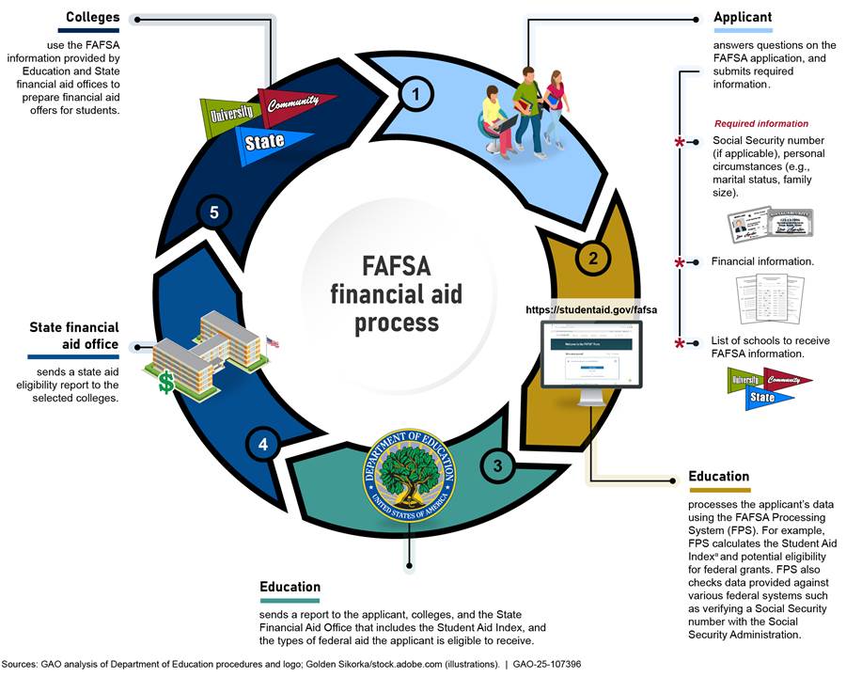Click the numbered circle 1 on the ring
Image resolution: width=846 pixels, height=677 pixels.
tap(415, 92)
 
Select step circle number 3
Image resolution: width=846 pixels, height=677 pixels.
tap(497, 463)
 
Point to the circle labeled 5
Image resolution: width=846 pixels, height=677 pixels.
tap(214, 213)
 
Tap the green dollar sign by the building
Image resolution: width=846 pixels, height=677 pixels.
tap(165, 382)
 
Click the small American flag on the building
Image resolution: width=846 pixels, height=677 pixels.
tap(273, 342)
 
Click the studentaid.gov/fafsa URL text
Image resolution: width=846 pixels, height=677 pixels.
tap(590, 308)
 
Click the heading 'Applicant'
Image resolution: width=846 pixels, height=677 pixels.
tap(743, 17)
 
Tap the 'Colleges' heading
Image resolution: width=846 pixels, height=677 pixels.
tap(92, 17)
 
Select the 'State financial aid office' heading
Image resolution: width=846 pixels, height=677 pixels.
tap(74, 336)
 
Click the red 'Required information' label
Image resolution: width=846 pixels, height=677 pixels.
tap(760, 123)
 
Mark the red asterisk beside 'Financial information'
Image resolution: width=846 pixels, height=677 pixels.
tap(680, 262)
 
